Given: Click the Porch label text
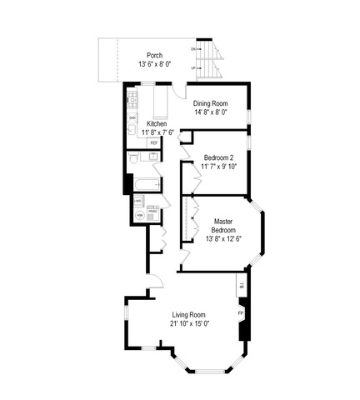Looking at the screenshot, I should coord(154,55).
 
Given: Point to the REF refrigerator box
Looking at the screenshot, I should coord(154,143).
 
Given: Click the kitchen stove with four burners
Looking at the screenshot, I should coord(132,103).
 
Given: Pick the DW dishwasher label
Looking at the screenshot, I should coord(132,118).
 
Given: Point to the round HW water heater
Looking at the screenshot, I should coord(139,216).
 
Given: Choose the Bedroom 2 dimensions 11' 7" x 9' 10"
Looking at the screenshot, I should coord(219,167).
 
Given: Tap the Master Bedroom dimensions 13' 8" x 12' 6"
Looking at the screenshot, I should coord(222,238).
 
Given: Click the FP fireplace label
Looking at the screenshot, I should coord(241,312).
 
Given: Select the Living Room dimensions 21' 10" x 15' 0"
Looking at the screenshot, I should coord(189,323).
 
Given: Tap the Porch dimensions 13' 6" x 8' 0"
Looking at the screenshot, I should coord(154,63).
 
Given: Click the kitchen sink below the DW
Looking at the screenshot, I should coord(132,129).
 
